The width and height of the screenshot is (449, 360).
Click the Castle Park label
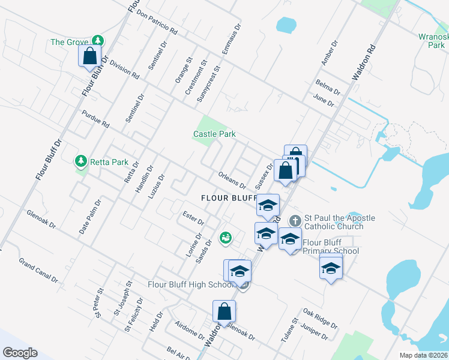(214, 134)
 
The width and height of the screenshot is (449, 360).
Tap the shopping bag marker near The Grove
(90, 56)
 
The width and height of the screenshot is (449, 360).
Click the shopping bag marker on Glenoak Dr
(224, 312)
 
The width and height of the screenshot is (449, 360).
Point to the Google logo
(20, 352)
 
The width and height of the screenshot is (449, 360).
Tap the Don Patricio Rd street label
(157, 21)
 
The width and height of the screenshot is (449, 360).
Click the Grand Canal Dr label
(38, 271)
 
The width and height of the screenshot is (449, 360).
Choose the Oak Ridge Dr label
(320, 318)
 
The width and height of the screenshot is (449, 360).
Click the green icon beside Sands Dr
(225, 239)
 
